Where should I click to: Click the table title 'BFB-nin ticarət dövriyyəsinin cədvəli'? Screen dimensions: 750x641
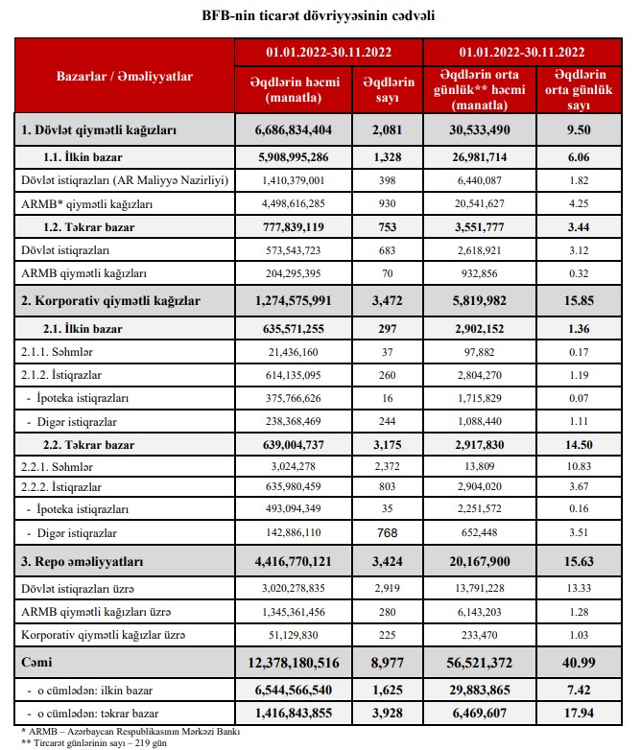pos(320,16)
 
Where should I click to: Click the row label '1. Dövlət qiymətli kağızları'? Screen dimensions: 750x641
pos(100,128)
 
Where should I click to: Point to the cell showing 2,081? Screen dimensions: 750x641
pos(389,128)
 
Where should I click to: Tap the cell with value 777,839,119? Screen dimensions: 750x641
pos(293,226)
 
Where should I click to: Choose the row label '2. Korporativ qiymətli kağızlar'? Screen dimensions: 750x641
pos(110,300)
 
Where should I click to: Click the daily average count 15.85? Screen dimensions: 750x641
pos(580,300)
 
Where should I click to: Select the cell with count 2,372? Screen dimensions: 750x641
pos(389,466)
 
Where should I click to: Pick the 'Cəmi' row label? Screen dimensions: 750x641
pos(36,661)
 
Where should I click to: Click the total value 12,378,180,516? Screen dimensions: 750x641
pos(293,661)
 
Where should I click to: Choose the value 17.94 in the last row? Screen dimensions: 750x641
pos(580,713)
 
